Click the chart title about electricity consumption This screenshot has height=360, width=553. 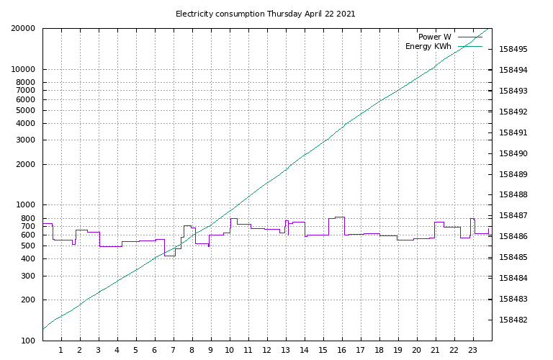(265, 14)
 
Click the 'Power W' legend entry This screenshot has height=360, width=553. (434, 37)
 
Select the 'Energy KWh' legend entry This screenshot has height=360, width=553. (428, 47)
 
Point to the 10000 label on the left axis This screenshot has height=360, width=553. (25, 70)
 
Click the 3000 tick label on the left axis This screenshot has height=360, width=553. (27, 140)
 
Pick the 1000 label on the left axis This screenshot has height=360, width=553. (27, 205)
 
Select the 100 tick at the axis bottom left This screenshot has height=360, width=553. (30, 341)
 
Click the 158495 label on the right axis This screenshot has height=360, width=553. (513, 50)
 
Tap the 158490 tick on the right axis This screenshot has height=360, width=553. (513, 154)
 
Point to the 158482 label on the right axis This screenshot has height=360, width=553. (513, 320)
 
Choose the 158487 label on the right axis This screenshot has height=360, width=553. (513, 216)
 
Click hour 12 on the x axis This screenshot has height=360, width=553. (267, 351)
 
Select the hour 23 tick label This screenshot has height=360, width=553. (473, 351)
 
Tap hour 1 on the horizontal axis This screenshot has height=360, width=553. (61, 351)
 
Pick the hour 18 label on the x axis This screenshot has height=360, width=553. (379, 351)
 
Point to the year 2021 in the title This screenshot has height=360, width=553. (345, 14)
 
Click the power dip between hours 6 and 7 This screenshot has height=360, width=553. (170, 255)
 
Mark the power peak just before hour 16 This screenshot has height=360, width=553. (339, 217)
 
